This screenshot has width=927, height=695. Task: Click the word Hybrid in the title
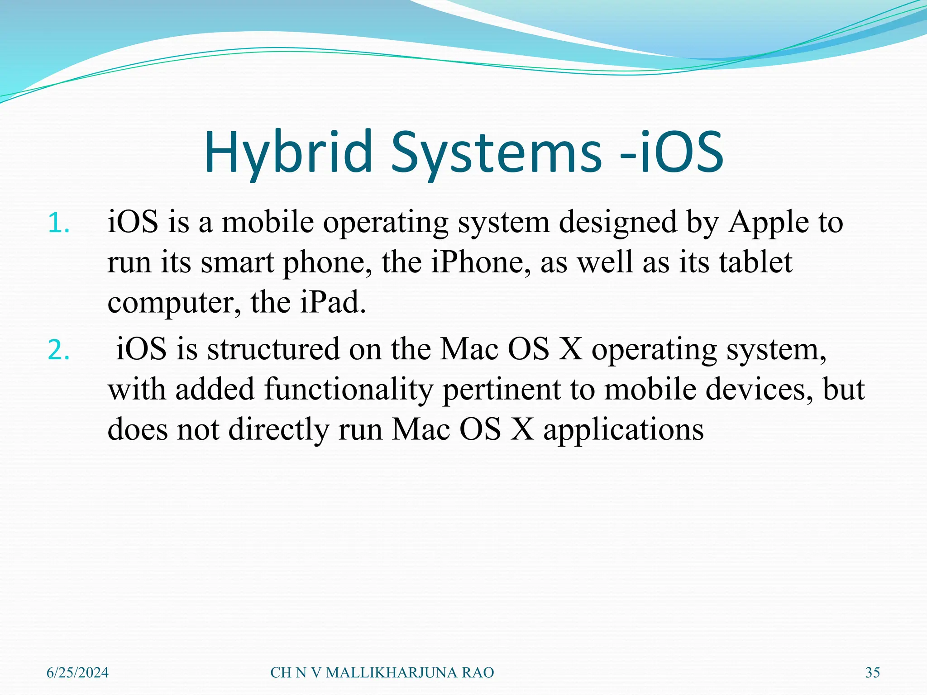tap(288, 153)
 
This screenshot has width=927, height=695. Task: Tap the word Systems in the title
tap(496, 153)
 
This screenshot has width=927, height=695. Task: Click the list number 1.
tap(58, 224)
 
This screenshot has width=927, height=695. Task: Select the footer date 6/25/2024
tap(77, 673)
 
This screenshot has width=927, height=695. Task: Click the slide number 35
tap(872, 673)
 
